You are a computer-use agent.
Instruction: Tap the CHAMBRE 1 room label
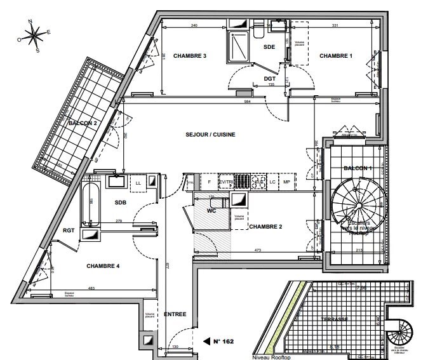(335, 56)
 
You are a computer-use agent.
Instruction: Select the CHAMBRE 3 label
(192, 56)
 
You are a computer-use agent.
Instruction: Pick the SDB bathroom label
(122, 203)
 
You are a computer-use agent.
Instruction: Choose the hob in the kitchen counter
(259, 182)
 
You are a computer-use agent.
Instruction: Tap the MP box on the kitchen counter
(286, 182)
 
